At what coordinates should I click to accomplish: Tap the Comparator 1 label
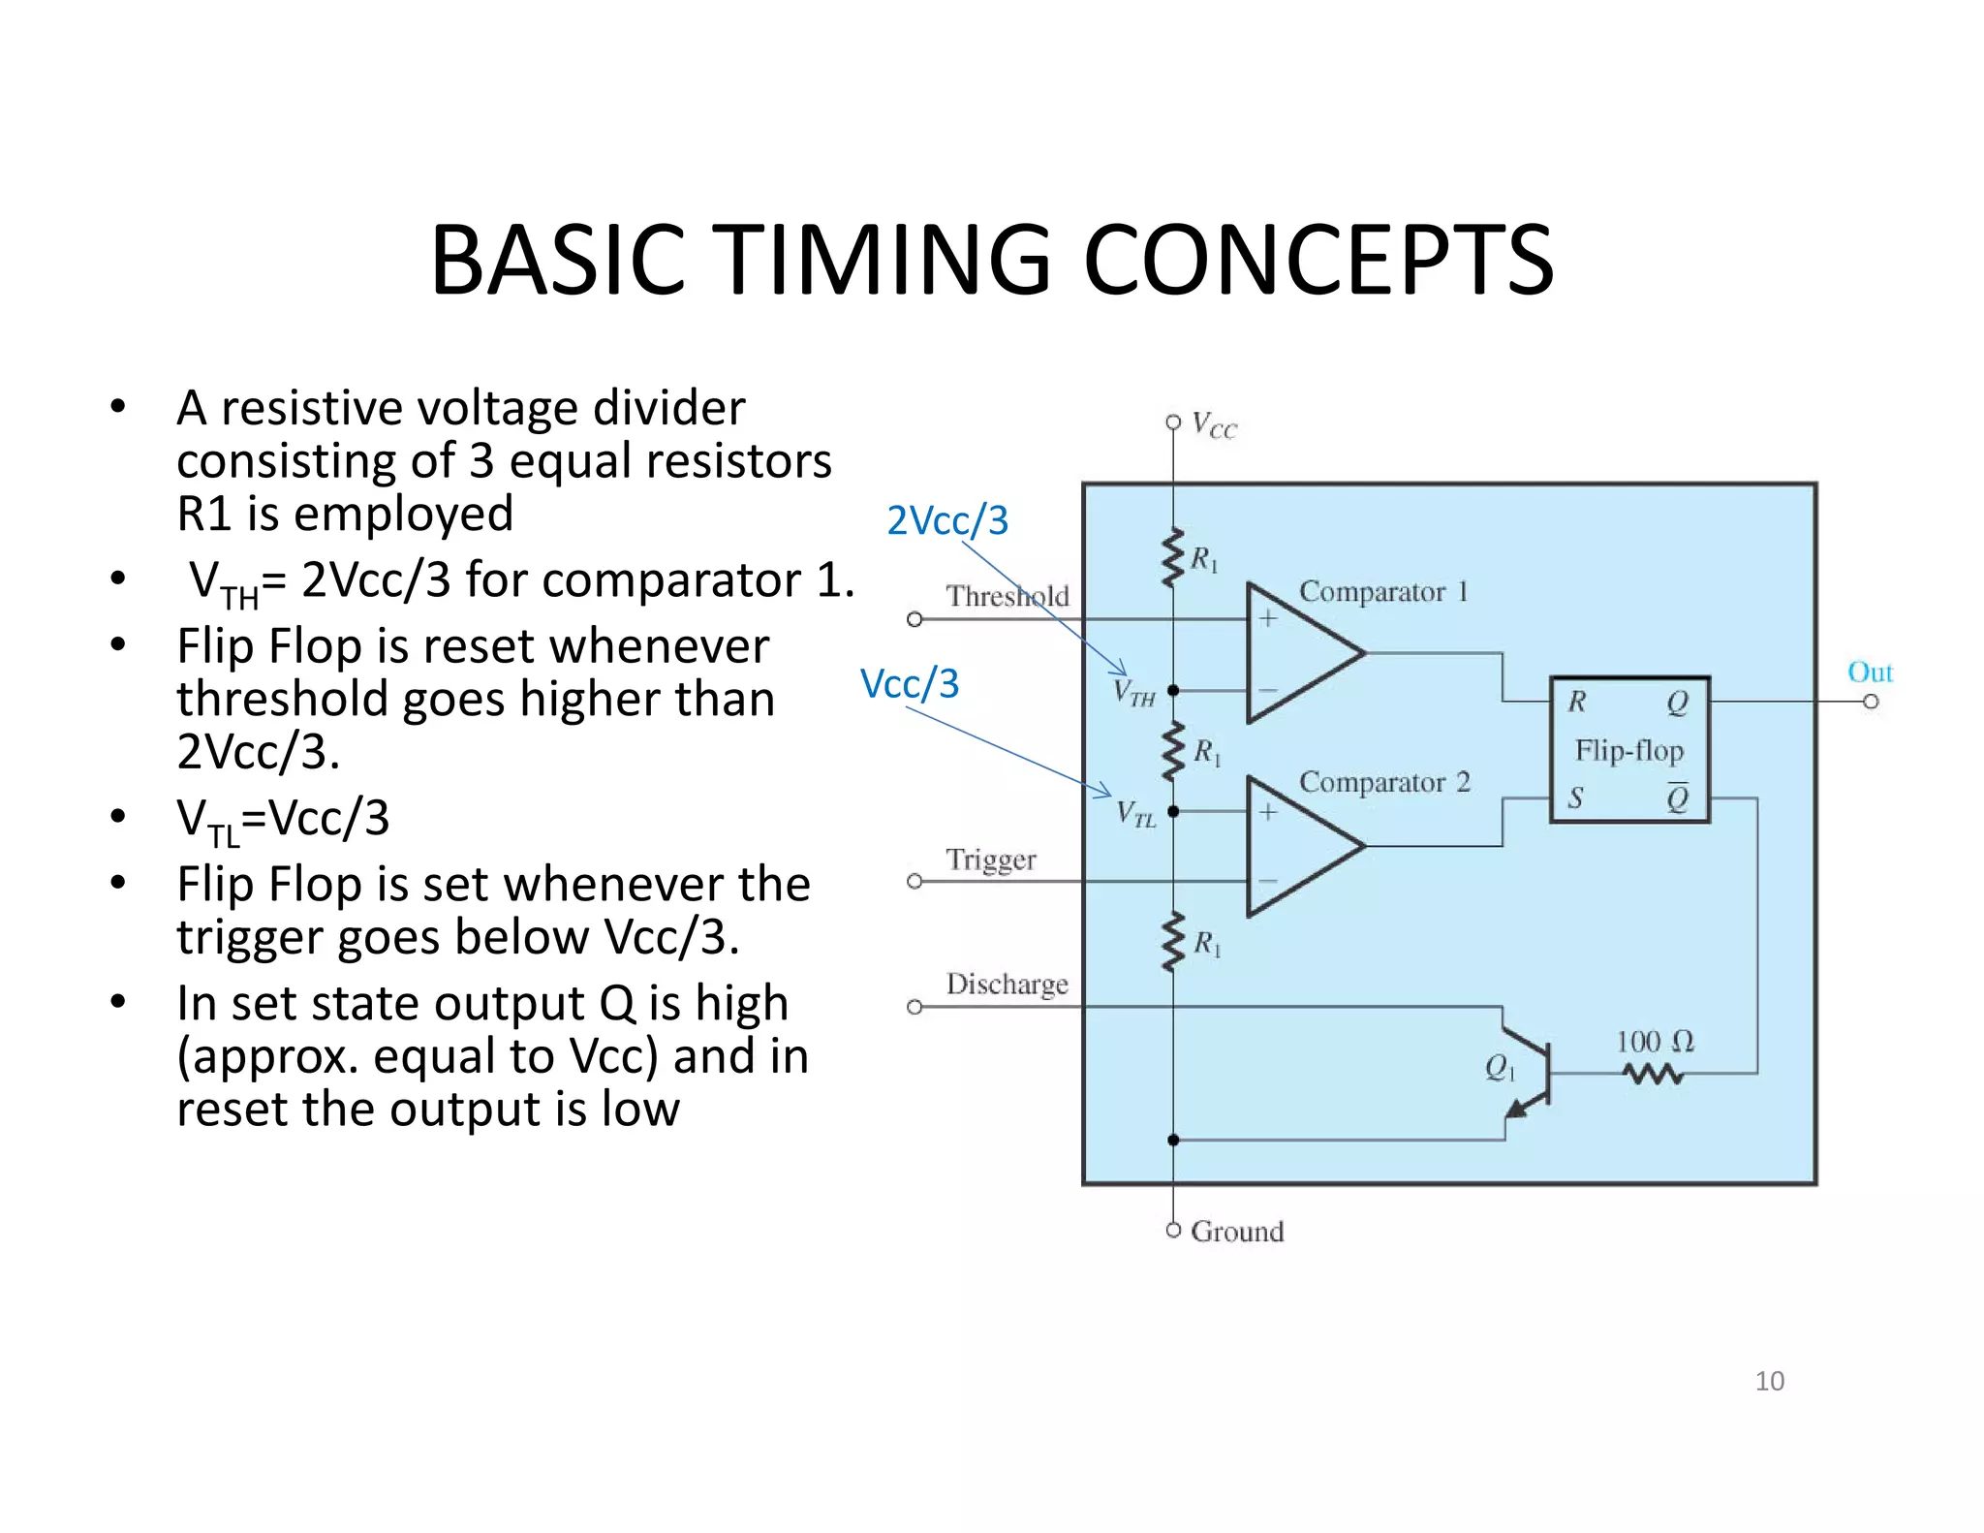[x=1382, y=591]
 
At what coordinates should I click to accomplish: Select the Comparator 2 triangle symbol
[x=1298, y=846]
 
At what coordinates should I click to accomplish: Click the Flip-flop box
[x=1628, y=750]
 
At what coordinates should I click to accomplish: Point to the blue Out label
[x=1869, y=672]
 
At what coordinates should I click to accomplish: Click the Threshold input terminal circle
[x=914, y=619]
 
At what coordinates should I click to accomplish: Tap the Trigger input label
[x=990, y=860]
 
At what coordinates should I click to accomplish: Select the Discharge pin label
[x=1007, y=984]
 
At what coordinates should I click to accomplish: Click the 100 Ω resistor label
[x=1654, y=1042]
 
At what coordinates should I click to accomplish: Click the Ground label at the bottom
[x=1236, y=1232]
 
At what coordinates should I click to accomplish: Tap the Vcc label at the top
[x=1214, y=425]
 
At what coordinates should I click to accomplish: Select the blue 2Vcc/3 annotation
[x=947, y=520]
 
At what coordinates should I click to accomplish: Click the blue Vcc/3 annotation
[x=909, y=683]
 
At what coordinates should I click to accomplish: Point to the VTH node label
[x=1133, y=693]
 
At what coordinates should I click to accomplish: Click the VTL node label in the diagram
[x=1135, y=813]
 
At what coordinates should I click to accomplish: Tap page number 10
[x=1769, y=1381]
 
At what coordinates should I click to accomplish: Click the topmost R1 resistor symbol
[x=1173, y=557]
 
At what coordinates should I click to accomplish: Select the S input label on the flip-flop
[x=1575, y=798]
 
